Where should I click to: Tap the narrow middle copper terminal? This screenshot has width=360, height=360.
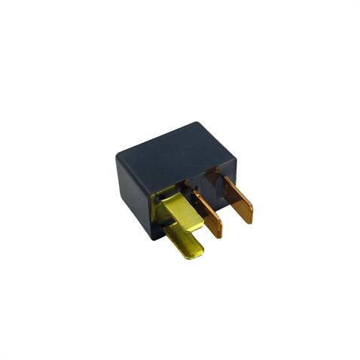209,215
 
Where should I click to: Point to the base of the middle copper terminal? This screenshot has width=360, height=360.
197,194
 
